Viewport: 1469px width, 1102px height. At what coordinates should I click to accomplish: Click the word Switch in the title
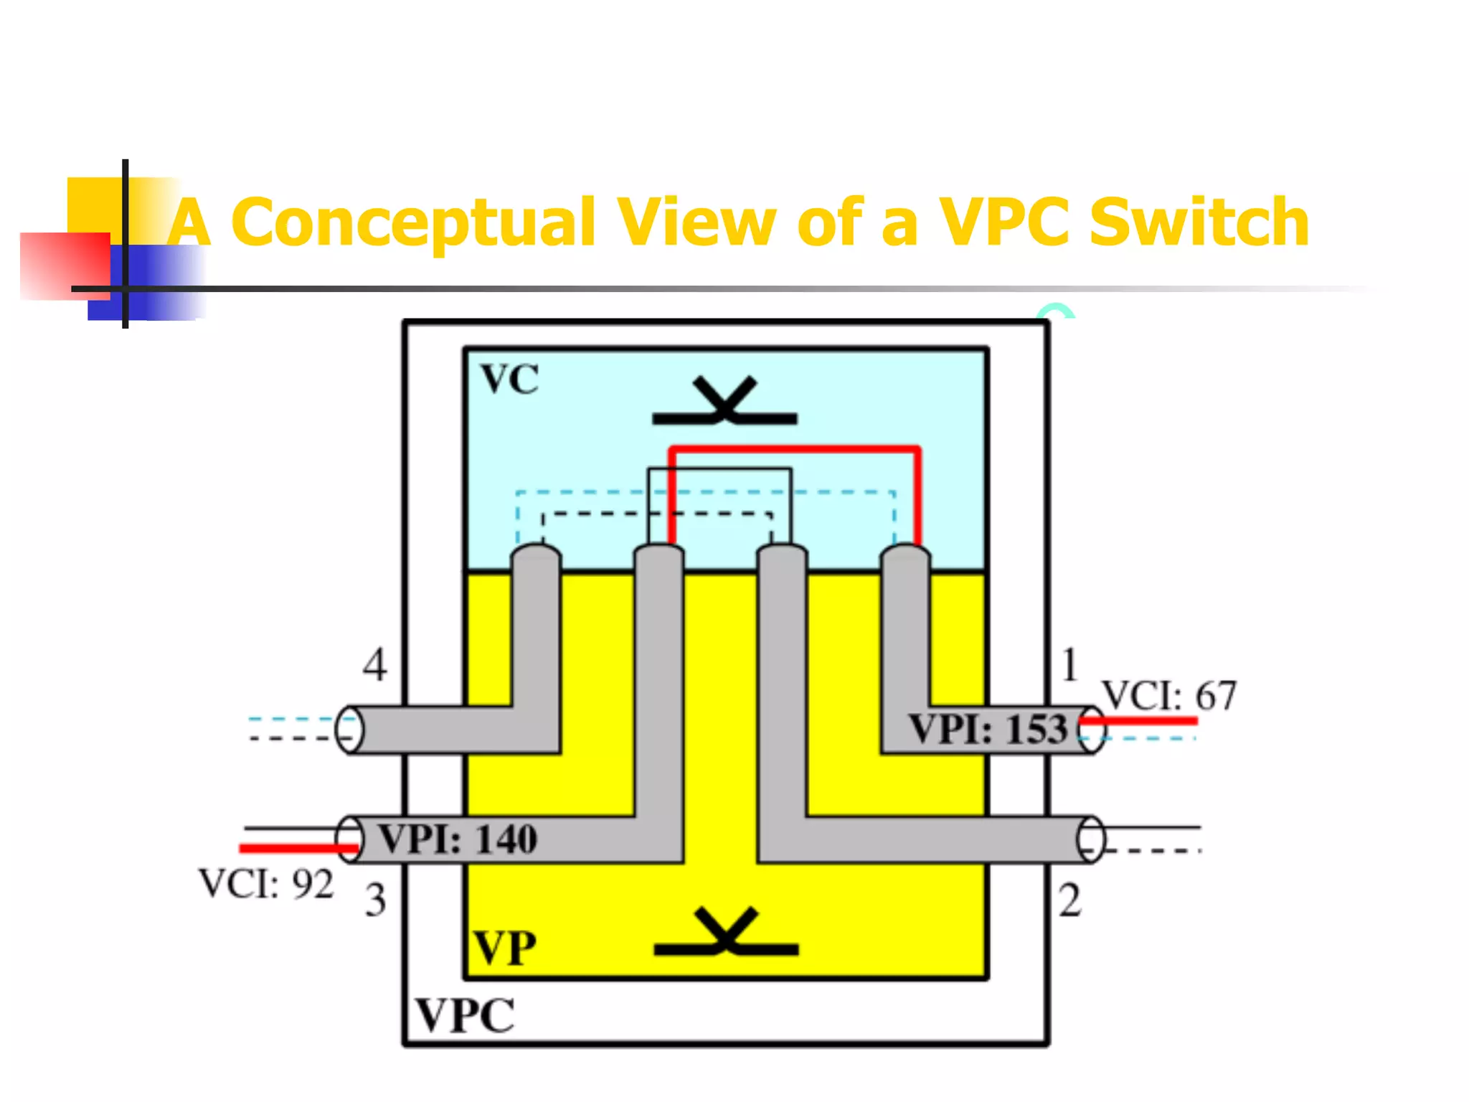pyautogui.click(x=1199, y=222)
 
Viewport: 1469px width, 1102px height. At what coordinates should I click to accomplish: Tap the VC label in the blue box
pyautogui.click(x=509, y=379)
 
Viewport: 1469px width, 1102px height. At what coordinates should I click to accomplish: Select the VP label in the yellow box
pyautogui.click(x=504, y=948)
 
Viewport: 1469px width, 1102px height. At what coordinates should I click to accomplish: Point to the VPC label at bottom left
pyautogui.click(x=466, y=1015)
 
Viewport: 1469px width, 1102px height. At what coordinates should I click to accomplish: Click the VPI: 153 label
pyautogui.click(x=988, y=730)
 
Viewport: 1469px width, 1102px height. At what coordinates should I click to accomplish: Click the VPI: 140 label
pyautogui.click(x=457, y=839)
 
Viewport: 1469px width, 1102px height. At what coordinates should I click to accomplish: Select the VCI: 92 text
pyautogui.click(x=266, y=884)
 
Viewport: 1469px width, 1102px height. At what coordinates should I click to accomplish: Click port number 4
pyautogui.click(x=374, y=664)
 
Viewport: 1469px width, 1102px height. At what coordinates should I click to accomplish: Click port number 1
pyautogui.click(x=1069, y=664)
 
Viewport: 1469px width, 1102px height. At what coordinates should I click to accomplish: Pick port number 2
pyautogui.click(x=1069, y=900)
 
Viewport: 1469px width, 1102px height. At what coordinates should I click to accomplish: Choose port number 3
pyautogui.click(x=375, y=900)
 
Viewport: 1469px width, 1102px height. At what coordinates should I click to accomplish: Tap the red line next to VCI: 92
pyautogui.click(x=298, y=849)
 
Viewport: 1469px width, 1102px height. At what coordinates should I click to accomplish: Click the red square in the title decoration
pyautogui.click(x=65, y=265)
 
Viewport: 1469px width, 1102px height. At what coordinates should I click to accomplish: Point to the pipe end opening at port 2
pyautogui.click(x=1090, y=839)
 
